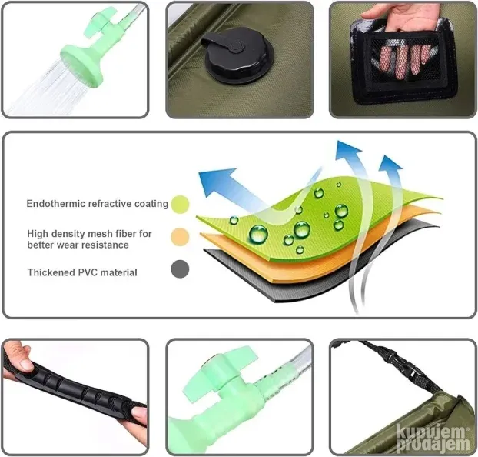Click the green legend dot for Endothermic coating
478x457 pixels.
coord(180,204)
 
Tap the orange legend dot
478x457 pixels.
coord(180,237)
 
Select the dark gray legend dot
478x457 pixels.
coord(180,269)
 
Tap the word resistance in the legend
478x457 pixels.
coord(105,245)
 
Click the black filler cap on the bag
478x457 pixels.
coord(235,55)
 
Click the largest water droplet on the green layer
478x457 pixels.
coord(258,234)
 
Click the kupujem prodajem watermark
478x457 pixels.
coord(433,438)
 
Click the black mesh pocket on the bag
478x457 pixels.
coord(403,61)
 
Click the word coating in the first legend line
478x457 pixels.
coord(151,204)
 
